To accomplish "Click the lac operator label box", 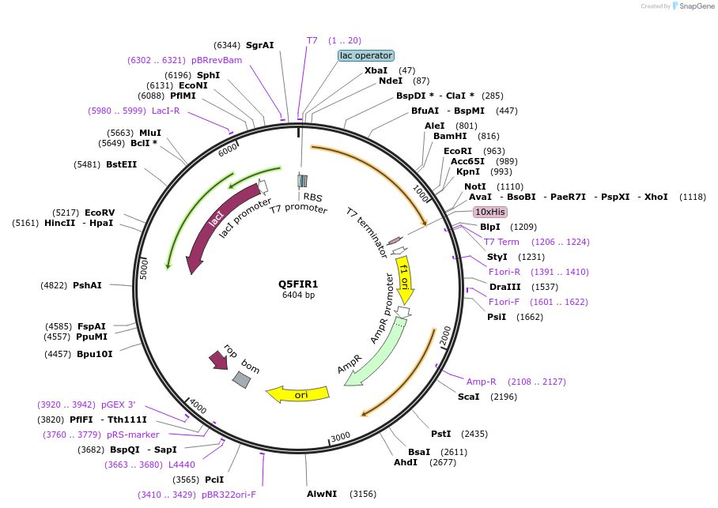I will point(365,55).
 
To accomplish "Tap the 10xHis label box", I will point(489,212).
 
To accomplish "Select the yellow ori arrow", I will point(297,393).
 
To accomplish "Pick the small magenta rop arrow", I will point(218,360).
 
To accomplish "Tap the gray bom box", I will point(242,380).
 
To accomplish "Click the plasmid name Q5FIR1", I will point(298,284).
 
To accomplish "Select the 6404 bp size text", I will point(298,295).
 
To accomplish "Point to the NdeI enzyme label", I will point(391,81).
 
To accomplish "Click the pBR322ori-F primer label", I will point(229,495).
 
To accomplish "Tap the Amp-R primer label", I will point(482,382).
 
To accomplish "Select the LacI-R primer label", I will point(166,111).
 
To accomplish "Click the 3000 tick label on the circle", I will point(340,437).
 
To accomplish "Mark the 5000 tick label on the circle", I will point(144,269).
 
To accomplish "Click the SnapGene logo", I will point(694,6).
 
